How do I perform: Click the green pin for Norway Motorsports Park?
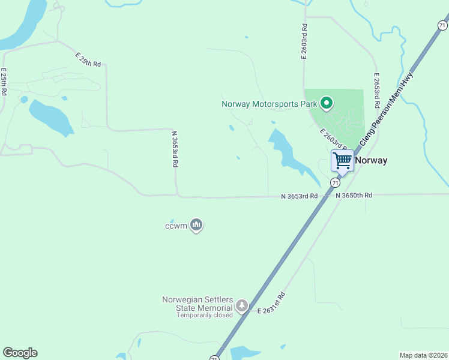[x=327, y=104]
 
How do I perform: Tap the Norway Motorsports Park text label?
[x=269, y=104]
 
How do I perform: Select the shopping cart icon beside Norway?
[x=342, y=160]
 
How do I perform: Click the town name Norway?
[x=371, y=160]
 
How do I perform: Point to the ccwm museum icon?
[x=196, y=226]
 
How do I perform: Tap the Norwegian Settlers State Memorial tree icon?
[x=241, y=306]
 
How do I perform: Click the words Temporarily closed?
[x=205, y=315]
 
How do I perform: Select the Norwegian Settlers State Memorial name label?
[x=197, y=304]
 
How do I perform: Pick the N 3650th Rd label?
[x=354, y=196]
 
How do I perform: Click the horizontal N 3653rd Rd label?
[x=300, y=196]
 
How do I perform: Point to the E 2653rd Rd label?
[x=376, y=91]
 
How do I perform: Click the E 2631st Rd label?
[x=271, y=303]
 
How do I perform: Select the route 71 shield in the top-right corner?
[x=442, y=25]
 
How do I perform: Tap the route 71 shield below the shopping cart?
[x=334, y=182]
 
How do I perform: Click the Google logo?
[x=20, y=353]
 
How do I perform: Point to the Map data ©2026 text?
[x=423, y=355]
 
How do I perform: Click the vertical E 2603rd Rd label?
[x=304, y=41]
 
